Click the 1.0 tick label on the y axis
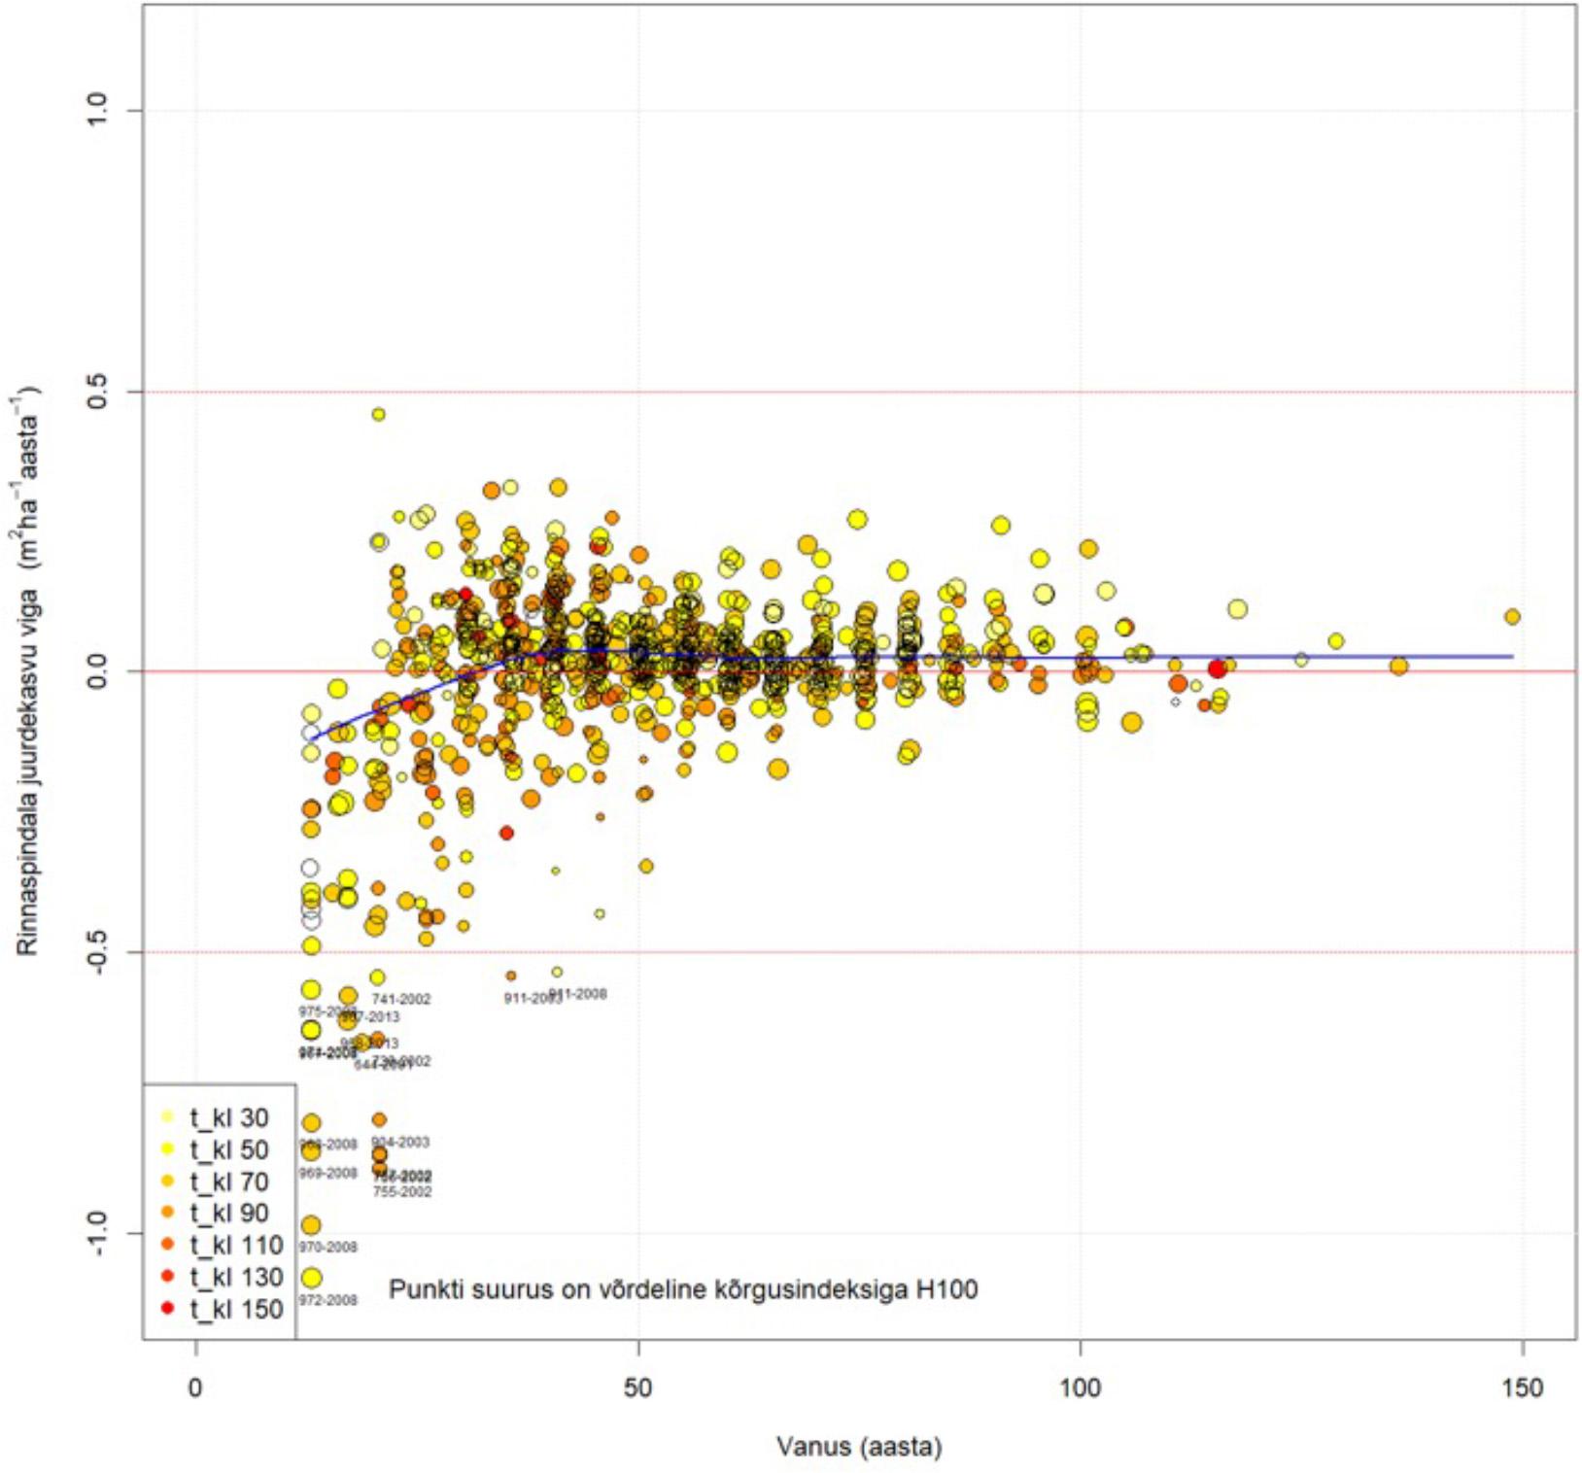tap(98, 110)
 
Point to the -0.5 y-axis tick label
tap(98, 952)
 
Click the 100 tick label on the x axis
tap(1080, 1387)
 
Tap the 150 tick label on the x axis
tap(1522, 1387)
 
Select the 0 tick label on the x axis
tap(196, 1387)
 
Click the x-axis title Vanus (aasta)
tap(859, 1448)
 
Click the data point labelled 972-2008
tap(311, 1278)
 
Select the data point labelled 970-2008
tap(311, 1225)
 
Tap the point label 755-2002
tap(402, 1192)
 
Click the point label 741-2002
tap(401, 999)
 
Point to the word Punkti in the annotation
tap(424, 1289)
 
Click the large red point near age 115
tap(1217, 668)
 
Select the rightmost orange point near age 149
tap(1512, 616)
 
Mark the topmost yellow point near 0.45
tap(378, 414)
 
